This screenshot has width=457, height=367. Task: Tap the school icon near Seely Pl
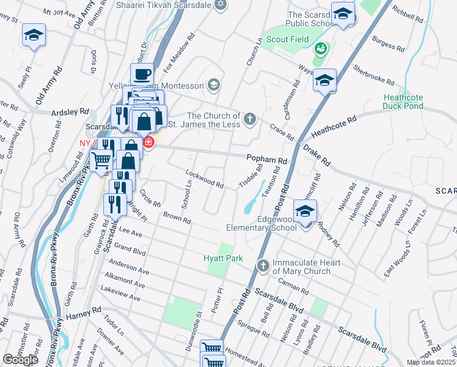34,36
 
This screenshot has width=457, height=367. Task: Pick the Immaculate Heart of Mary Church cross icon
263,265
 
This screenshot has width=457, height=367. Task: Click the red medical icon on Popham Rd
148,143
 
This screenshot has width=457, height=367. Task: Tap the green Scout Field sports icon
320,48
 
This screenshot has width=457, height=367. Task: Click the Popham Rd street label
266,159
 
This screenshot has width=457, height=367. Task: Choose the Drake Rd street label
316,157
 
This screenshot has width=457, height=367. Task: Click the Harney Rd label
81,314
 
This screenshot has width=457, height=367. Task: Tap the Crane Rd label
282,132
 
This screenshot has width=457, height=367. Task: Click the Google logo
20,359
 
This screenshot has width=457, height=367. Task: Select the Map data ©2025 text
431,362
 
